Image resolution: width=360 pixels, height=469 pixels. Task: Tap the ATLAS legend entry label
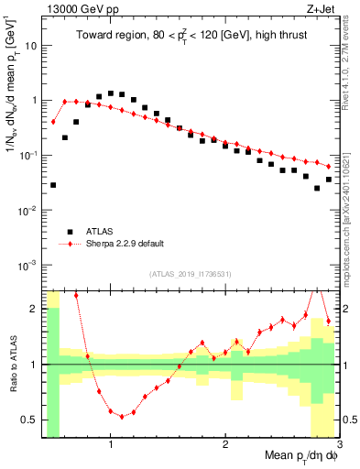[102, 232]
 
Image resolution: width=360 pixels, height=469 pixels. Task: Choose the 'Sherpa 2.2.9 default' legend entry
[125, 244]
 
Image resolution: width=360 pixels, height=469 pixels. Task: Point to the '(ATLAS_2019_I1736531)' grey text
[190, 274]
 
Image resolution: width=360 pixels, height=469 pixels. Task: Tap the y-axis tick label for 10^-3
[30, 265]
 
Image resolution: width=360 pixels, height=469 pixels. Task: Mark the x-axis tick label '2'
[224, 446]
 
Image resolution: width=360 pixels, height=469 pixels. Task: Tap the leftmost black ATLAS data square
[53, 185]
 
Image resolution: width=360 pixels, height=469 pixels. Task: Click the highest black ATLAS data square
[111, 93]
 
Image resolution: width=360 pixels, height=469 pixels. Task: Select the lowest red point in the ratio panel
[122, 416]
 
